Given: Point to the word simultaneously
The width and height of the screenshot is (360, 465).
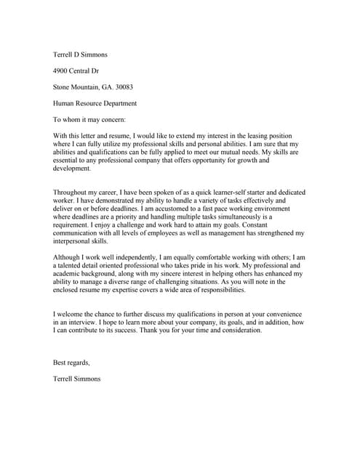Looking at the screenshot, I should (x=233, y=217).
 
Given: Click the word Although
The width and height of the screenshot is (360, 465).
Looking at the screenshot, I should (x=67, y=257).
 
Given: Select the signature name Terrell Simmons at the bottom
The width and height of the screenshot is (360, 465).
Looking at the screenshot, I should (x=77, y=379).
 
